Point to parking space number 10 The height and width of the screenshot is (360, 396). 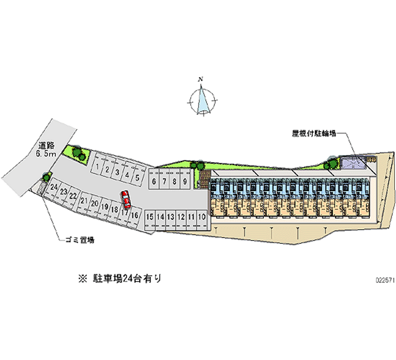click(201, 216)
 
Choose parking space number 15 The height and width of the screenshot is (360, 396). click(149, 216)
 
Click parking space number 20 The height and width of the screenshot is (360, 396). click(94, 204)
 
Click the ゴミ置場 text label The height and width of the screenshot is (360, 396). click(80, 240)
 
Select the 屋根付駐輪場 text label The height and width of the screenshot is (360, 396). click(314, 133)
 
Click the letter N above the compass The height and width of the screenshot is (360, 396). click(200, 79)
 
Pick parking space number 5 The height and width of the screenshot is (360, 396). click(136, 176)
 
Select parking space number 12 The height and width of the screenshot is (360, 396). click(181, 216)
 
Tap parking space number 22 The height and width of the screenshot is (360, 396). click(73, 196)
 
